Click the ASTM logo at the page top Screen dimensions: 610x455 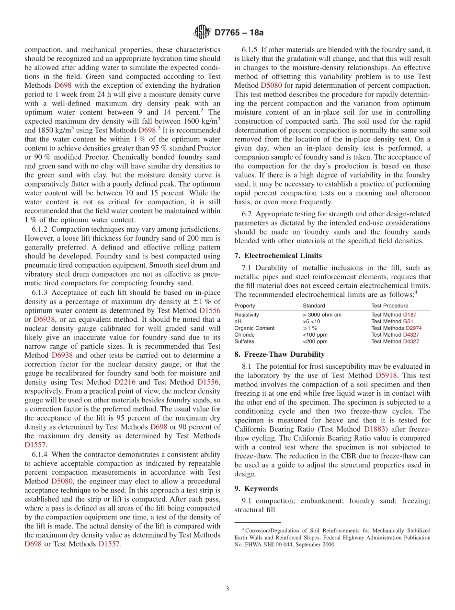coord(202,33)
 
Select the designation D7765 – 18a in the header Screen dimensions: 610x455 coord(239,33)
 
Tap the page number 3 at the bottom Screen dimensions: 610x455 coord(227,589)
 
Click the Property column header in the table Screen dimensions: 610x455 coord(245,305)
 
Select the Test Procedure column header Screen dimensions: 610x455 coord(389,305)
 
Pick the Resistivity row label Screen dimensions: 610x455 coord(247,315)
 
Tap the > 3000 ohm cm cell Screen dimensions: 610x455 coord(322,315)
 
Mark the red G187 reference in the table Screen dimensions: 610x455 coord(409,315)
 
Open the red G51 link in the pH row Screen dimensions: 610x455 coord(408,321)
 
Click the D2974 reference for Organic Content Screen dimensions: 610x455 coord(413,328)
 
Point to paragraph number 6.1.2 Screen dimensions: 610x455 coord(41,229)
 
